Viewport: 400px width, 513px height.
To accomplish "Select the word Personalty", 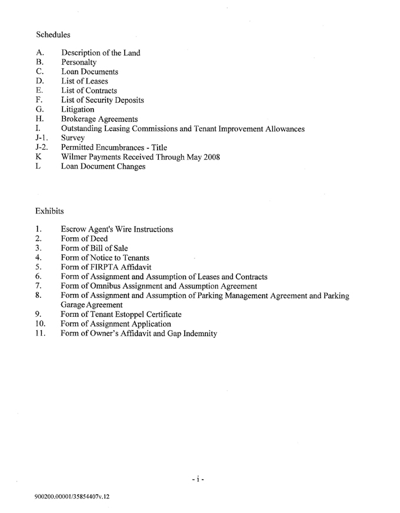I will (x=79, y=62).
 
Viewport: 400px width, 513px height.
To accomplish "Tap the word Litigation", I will (x=77, y=109).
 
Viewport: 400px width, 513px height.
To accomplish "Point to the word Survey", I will (x=73, y=138).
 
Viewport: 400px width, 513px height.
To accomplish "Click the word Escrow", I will (x=74, y=229).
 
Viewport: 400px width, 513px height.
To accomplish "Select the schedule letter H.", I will (x=39, y=119).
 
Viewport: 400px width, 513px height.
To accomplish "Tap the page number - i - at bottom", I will (x=198, y=480).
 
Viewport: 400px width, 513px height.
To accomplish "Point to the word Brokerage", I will (x=81, y=119).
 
